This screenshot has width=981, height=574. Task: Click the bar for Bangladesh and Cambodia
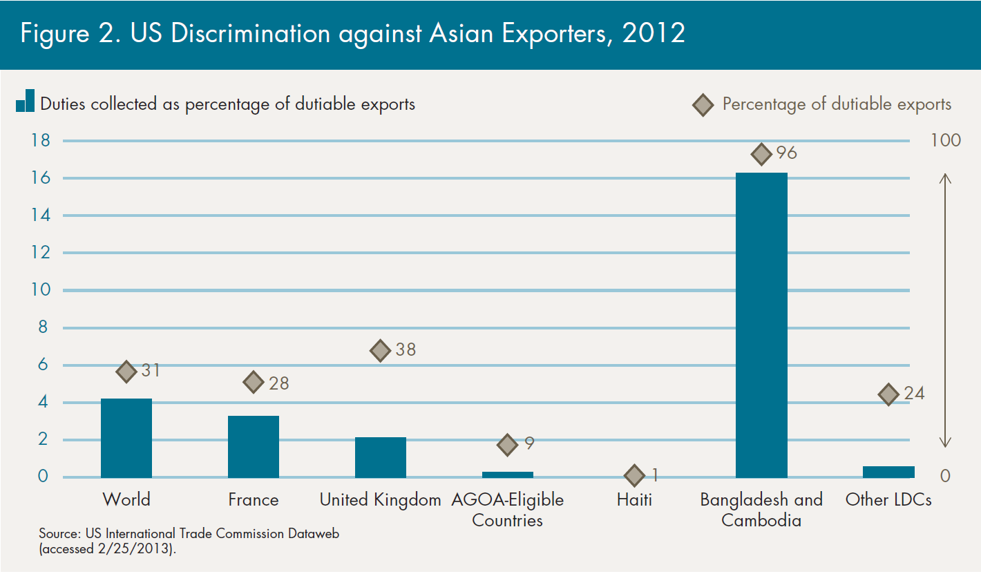pyautogui.click(x=761, y=325)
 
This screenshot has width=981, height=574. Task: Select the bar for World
pyautogui.click(x=126, y=438)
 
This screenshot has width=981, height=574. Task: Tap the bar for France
pyautogui.click(x=254, y=446)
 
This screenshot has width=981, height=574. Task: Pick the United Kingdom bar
pyautogui.click(x=381, y=457)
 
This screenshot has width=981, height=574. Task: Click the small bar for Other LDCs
pyautogui.click(x=888, y=472)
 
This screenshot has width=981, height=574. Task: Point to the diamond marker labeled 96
pyautogui.click(x=761, y=154)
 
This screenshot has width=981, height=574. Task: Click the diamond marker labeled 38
pyautogui.click(x=381, y=350)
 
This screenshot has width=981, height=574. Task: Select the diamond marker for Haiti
pyautogui.click(x=634, y=475)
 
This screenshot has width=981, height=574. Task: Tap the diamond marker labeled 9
pyautogui.click(x=507, y=445)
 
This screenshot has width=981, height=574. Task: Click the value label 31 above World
pyautogui.click(x=151, y=370)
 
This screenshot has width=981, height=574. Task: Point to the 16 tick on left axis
pyautogui.click(x=41, y=178)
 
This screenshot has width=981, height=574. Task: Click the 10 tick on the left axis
pyautogui.click(x=41, y=290)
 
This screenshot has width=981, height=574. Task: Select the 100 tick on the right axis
pyautogui.click(x=946, y=140)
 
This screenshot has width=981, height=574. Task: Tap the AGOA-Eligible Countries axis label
pyautogui.click(x=507, y=510)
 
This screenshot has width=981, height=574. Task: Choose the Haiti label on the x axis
pyautogui.click(x=634, y=499)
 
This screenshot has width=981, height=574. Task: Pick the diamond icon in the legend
pyautogui.click(x=703, y=105)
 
